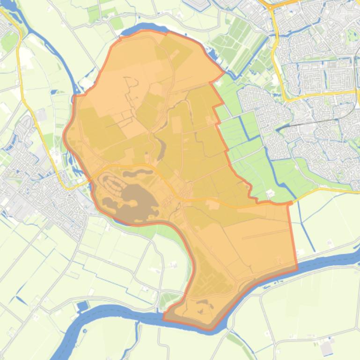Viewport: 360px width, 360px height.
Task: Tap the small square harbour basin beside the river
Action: [x=83, y=306]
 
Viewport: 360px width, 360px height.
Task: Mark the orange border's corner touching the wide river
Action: [x=296, y=268]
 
